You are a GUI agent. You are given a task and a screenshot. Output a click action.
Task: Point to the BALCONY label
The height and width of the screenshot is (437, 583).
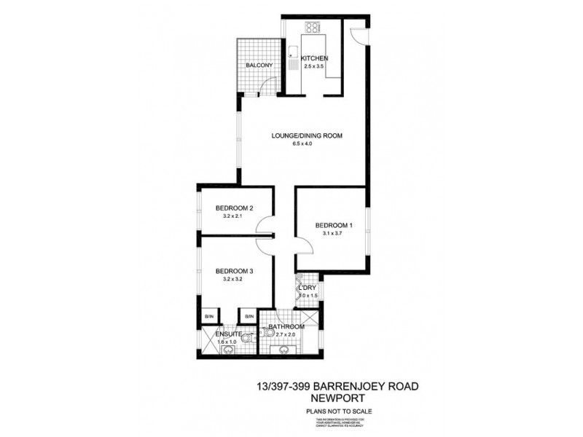point(259,66)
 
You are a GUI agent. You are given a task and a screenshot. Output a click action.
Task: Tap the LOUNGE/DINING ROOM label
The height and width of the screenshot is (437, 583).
point(307,135)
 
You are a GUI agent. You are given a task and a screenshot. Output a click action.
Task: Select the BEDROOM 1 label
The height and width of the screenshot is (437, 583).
point(334,225)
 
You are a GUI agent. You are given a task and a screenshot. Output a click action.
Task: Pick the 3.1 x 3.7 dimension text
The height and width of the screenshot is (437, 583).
point(333,234)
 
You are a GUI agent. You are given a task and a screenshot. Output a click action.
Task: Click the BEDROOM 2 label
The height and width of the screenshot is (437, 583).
point(234,209)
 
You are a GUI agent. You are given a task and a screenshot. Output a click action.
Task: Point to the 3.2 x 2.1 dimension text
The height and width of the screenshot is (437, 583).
point(233,218)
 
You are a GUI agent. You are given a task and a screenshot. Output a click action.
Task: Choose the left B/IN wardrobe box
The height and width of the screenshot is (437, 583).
point(209,316)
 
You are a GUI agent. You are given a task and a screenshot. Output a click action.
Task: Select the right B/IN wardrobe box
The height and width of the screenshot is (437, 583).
point(249,316)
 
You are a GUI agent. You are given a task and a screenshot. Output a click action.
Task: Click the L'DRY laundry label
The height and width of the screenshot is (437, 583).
point(307,288)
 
